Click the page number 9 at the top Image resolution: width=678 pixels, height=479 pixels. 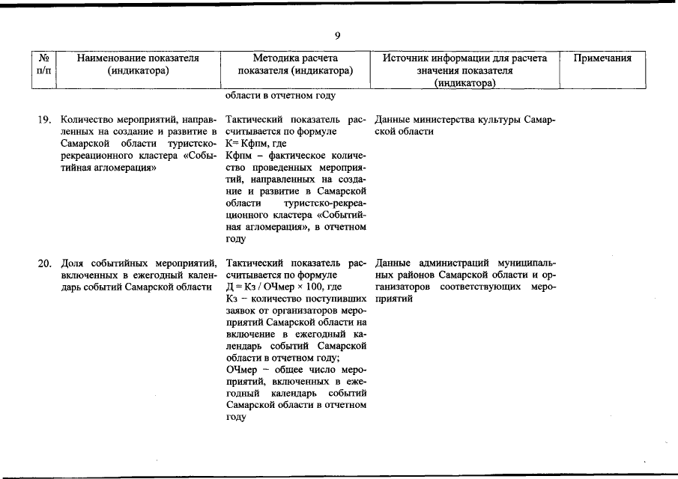click(x=339, y=35)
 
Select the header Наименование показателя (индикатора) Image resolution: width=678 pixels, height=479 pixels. click(x=138, y=64)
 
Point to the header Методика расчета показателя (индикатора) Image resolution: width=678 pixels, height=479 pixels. click(x=295, y=64)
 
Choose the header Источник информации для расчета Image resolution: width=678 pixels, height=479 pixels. click(x=464, y=58)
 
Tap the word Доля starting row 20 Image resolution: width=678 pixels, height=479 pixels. click(x=73, y=263)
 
